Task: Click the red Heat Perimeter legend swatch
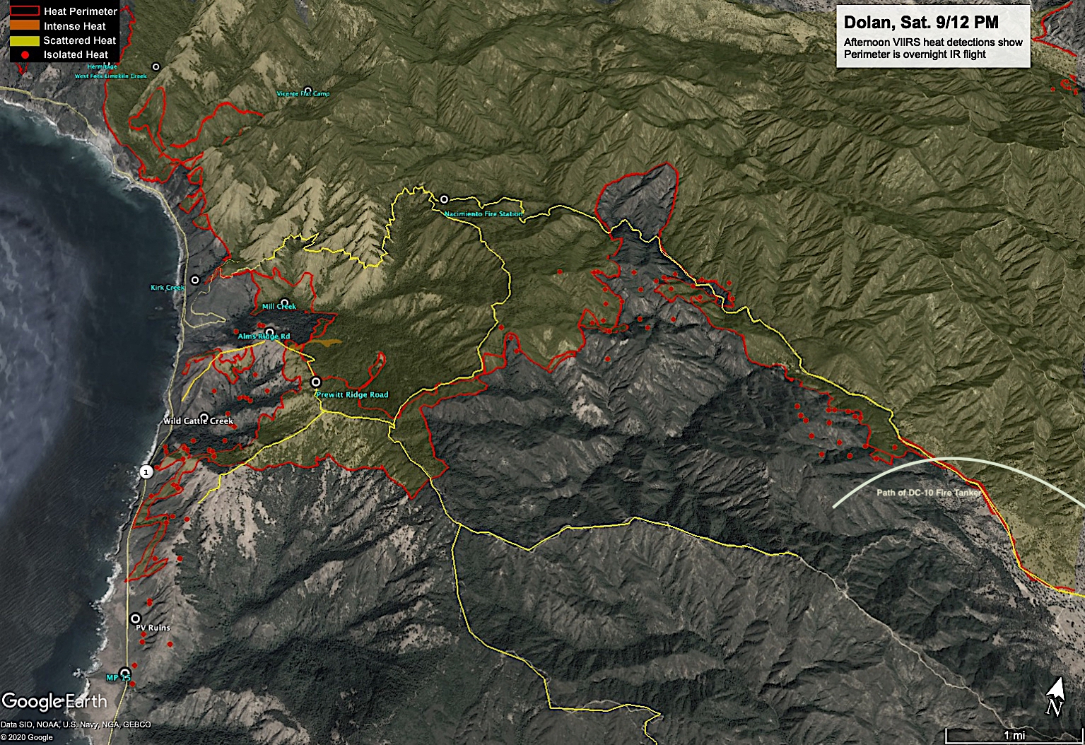25,11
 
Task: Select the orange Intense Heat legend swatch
25,26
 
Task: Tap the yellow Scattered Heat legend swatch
25,40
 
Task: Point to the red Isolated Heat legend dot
25,54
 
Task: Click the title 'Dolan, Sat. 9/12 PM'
921,23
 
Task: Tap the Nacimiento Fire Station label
483,213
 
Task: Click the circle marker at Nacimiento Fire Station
444,199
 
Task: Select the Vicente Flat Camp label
303,93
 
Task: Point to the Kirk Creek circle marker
195,280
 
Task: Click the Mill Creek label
278,307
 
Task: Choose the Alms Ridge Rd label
263,336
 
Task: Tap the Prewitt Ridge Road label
352,394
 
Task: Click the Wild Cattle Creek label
198,421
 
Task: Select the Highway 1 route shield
146,471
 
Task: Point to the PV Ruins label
153,628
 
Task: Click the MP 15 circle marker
125,672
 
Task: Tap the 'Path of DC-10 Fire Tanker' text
929,493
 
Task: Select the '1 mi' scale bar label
1014,736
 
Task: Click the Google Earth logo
54,701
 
